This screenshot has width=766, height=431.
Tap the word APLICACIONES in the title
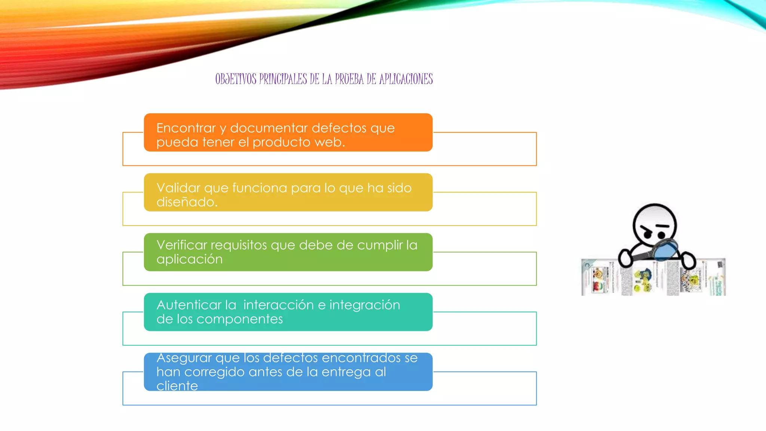pos(406,79)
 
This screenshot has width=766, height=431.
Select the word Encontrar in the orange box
pos(186,128)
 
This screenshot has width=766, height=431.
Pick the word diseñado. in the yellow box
pos(187,202)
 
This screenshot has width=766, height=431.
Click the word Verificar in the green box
pos(182,245)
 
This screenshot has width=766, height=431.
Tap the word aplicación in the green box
pos(189,259)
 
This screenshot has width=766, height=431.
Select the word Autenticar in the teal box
pos(189,305)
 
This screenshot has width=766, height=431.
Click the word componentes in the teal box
pos(239,319)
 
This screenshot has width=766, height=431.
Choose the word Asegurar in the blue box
pos(184,358)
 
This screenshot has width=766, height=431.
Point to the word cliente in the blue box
pos(177,386)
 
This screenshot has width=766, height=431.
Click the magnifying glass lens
pos(666,250)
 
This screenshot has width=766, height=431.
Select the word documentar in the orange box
pos(269,128)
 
